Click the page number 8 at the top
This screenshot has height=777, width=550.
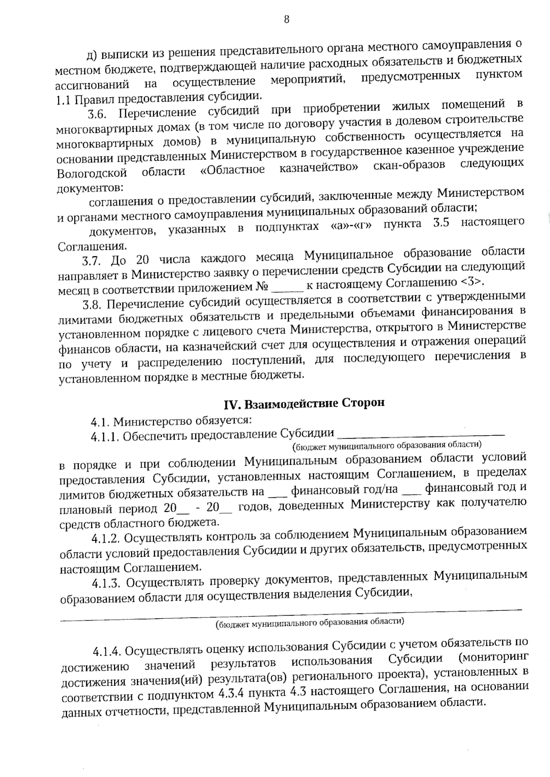(286, 20)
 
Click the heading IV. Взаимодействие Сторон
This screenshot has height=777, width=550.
(304, 403)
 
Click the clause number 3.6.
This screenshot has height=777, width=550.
(98, 114)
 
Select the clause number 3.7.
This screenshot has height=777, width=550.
(91, 261)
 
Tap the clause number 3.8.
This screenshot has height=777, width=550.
(92, 305)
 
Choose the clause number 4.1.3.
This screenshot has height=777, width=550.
(106, 583)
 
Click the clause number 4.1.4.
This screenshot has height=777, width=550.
(107, 651)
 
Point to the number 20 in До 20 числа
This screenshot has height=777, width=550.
(143, 259)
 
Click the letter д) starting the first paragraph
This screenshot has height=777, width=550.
(91, 55)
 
